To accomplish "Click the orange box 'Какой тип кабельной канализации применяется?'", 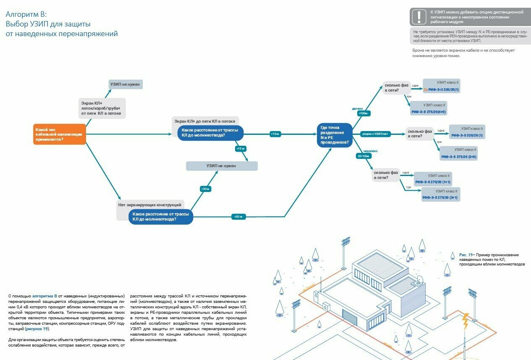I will pyautogui.click(x=59, y=134).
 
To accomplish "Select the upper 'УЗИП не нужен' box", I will pyautogui.click(x=126, y=84).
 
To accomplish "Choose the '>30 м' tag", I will pyautogui.click(x=205, y=189).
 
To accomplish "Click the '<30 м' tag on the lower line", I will pyautogui.click(x=238, y=217).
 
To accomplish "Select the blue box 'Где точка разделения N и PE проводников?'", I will pyautogui.click(x=335, y=135).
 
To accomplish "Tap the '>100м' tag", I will pyautogui.click(x=362, y=113).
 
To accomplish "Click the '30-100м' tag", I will pyautogui.click(x=364, y=156).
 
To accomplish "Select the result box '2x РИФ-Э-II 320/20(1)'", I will pyautogui.click(x=441, y=86).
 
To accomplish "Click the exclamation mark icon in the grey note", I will pyautogui.click(x=419, y=17).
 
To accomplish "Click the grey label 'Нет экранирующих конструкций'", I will pyautogui.click(x=149, y=205).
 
